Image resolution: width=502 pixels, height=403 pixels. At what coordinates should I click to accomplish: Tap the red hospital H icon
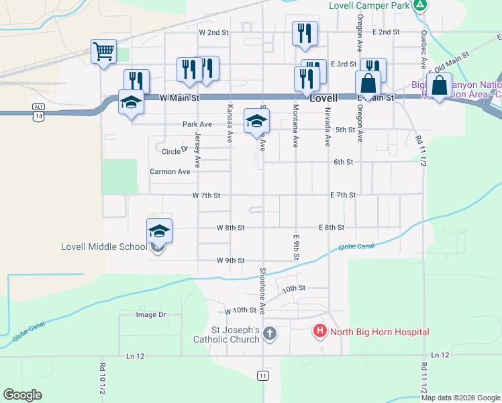(x=320, y=331)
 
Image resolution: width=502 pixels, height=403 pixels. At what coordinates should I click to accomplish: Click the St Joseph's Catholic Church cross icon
(x=269, y=333)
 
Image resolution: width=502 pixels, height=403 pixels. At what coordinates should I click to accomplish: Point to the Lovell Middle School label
(x=103, y=247)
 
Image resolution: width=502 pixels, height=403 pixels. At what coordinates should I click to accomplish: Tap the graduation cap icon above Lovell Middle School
(x=159, y=231)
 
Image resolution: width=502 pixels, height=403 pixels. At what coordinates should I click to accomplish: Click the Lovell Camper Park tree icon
(x=420, y=5)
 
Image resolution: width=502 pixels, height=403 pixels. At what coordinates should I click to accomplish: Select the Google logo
(x=23, y=394)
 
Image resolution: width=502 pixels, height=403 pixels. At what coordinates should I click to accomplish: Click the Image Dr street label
(x=150, y=314)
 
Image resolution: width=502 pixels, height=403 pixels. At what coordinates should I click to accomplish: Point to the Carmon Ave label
(x=169, y=172)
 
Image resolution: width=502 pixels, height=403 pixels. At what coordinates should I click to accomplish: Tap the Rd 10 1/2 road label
(x=103, y=379)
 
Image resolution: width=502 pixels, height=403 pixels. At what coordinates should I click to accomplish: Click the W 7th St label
(x=206, y=195)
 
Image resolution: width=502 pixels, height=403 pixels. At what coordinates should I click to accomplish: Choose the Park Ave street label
(x=197, y=124)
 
